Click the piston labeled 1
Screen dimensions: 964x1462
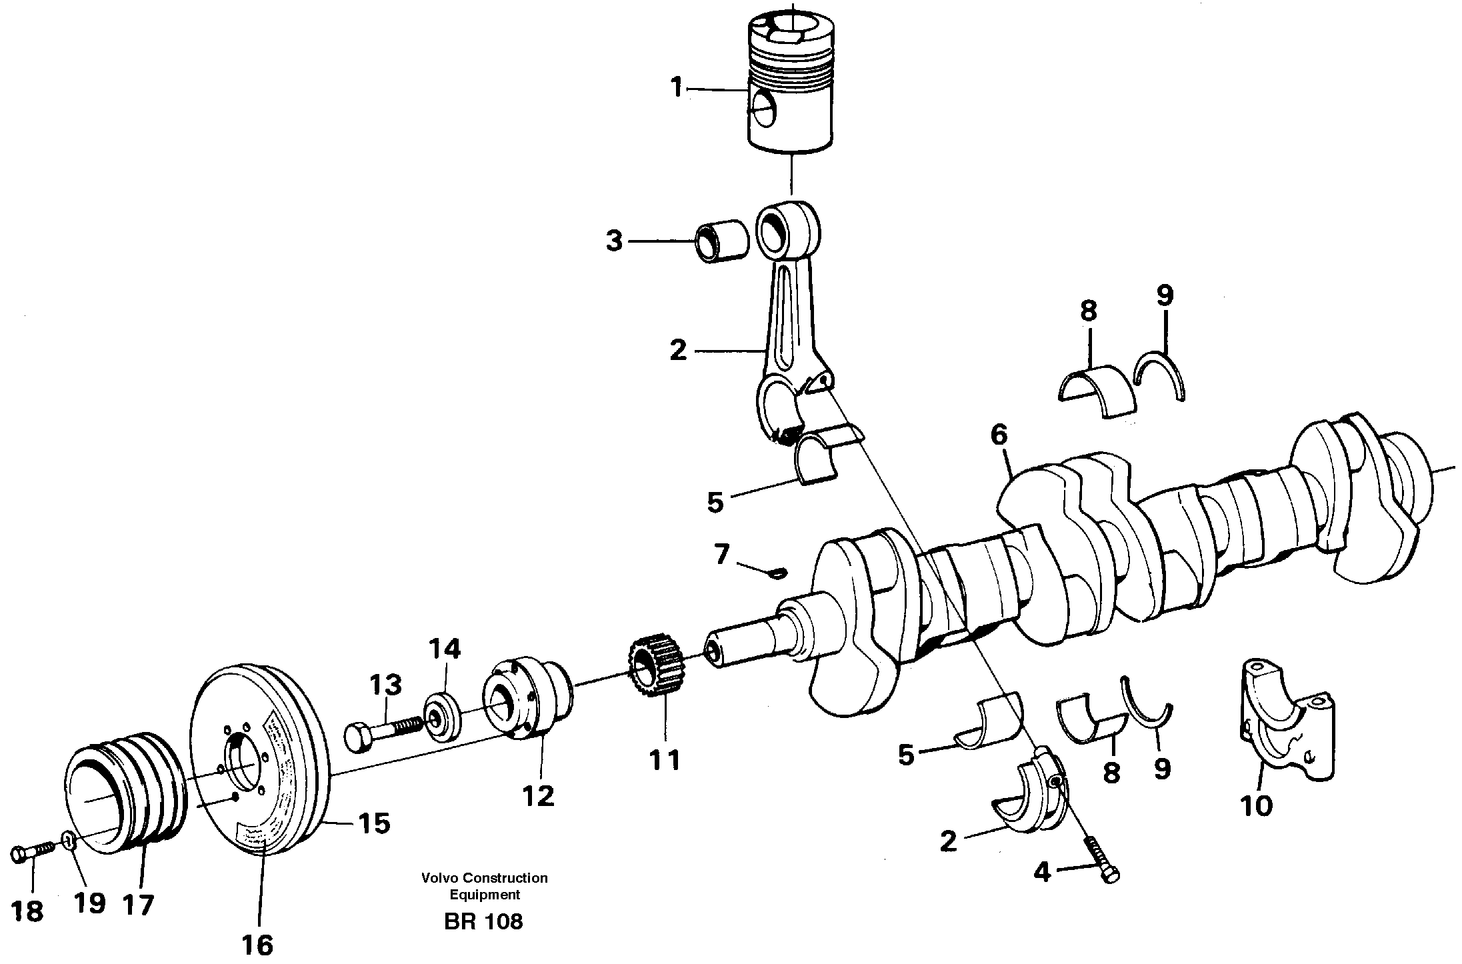[x=791, y=87]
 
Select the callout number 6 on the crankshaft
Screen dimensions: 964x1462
[x=999, y=436]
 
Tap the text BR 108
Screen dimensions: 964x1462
[x=483, y=921]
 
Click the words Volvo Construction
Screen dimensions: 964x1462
[x=484, y=878]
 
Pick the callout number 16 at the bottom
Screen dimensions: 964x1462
[x=258, y=945]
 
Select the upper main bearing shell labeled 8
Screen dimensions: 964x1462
[x=1097, y=390]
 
